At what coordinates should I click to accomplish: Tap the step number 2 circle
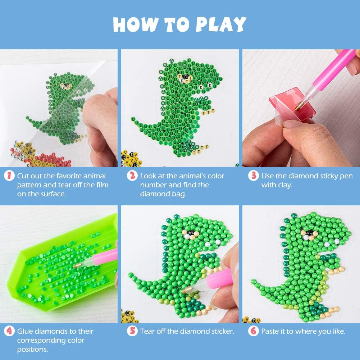(133, 176)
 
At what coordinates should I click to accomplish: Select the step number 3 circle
(254, 176)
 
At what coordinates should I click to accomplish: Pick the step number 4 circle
(10, 331)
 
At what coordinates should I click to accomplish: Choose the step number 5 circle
(133, 331)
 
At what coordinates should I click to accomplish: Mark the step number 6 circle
(254, 331)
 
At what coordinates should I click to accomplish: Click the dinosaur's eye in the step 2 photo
(186, 77)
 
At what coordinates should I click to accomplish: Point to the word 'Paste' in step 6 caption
(270, 331)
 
